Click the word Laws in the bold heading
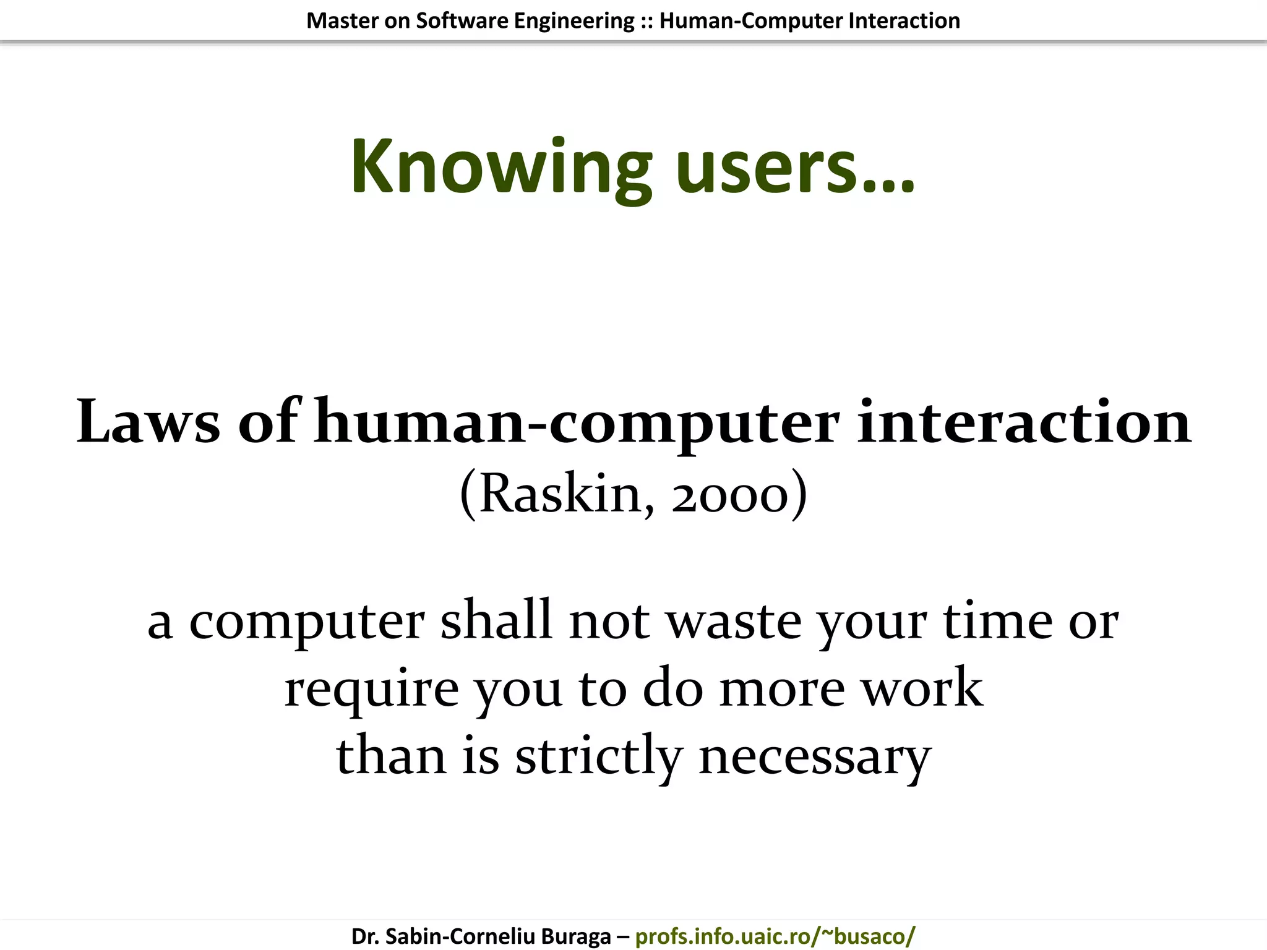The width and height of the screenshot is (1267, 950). coord(148,422)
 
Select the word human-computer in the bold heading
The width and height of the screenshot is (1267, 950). coord(577,423)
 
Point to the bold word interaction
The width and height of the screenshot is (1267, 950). coord(1024,422)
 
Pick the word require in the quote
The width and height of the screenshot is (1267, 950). coord(371,689)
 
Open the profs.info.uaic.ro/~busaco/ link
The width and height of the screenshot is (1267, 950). coord(775,936)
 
